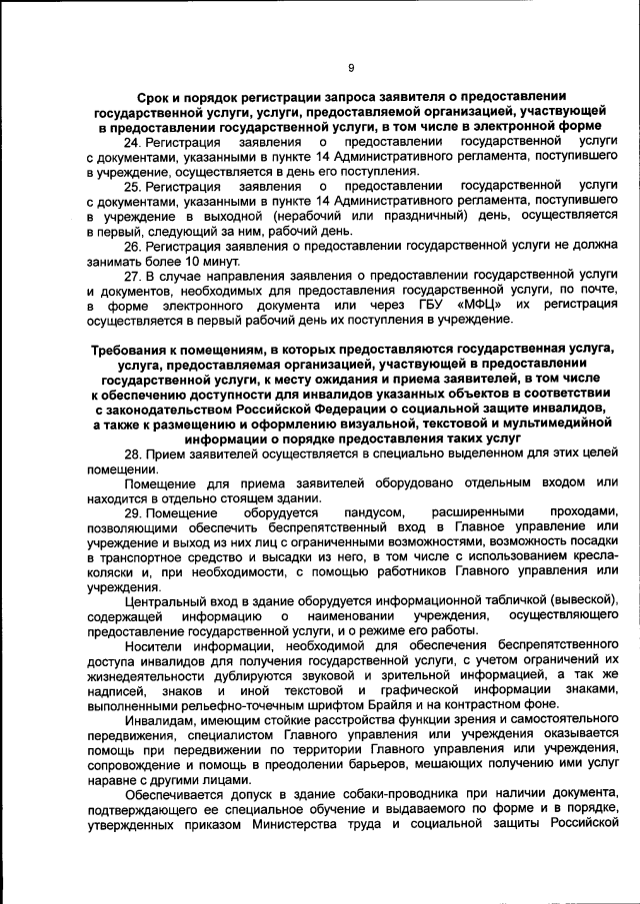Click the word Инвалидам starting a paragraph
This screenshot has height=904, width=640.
coord(157,719)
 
